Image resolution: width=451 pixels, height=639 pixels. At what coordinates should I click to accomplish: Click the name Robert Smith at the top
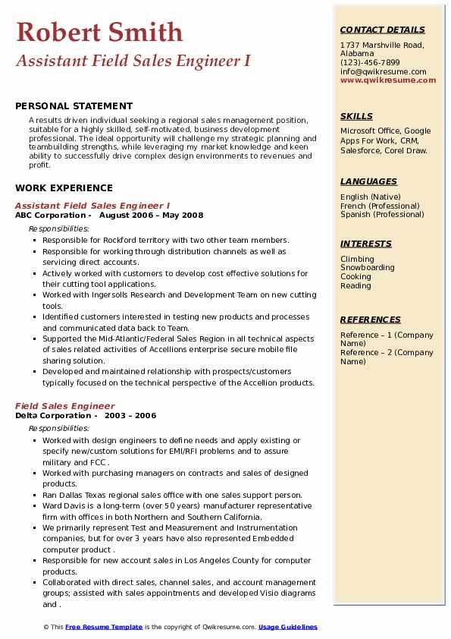[x=99, y=32]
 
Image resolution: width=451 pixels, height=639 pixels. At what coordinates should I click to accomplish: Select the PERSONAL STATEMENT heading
[x=74, y=106]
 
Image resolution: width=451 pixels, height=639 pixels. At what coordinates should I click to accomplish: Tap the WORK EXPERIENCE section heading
[x=64, y=188]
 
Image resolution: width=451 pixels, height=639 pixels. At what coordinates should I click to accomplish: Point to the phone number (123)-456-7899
[x=370, y=63]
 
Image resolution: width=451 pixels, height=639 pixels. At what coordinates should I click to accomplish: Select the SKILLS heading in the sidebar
[x=356, y=116]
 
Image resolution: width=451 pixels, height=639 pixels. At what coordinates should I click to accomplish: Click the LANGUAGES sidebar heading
[x=368, y=181]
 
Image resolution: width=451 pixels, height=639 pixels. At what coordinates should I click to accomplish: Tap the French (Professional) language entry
[x=380, y=206]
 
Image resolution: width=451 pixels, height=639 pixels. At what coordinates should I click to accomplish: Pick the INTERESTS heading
[x=366, y=244]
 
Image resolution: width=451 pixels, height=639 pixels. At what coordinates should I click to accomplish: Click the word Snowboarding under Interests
[x=367, y=268]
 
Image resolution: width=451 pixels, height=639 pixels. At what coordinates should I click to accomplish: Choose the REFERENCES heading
[x=371, y=319]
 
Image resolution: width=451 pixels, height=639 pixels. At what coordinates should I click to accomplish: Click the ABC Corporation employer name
[x=52, y=215]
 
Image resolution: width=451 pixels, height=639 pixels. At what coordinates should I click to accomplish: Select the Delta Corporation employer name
[x=52, y=416]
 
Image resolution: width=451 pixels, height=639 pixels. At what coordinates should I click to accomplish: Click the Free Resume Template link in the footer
[x=104, y=627]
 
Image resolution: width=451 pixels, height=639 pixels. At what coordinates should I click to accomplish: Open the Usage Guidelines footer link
[x=287, y=627]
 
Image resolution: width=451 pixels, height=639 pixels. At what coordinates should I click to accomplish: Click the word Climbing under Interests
[x=357, y=259]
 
